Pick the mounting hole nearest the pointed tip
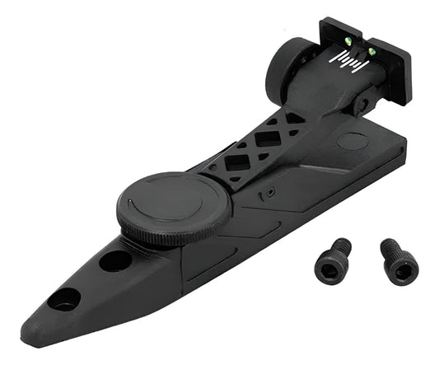pyautogui.click(x=63, y=298)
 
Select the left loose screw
pyautogui.click(x=333, y=261)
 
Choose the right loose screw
pyautogui.click(x=397, y=262)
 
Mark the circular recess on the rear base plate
pyautogui.click(x=352, y=141)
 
